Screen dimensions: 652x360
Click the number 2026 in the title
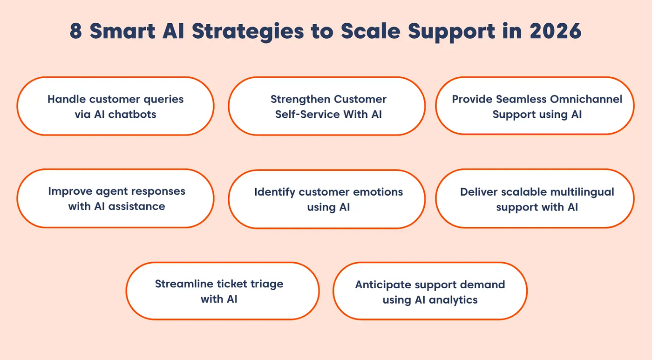point(555,31)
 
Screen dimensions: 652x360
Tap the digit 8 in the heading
point(75,31)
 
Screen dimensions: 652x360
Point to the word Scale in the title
point(371,31)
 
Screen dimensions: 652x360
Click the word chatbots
point(132,115)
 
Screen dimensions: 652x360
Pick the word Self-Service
point(307,115)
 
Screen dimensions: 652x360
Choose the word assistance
point(136,206)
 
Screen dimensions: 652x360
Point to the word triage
point(267,284)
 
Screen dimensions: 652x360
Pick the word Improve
point(70,192)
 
